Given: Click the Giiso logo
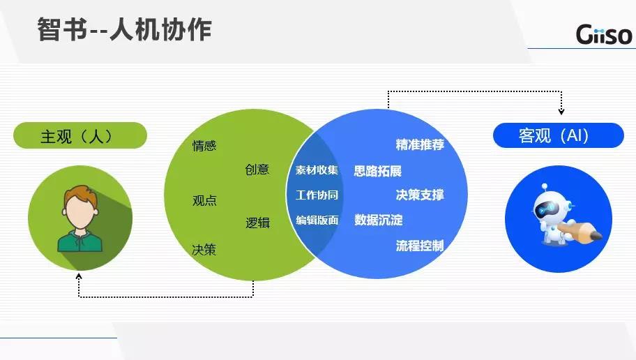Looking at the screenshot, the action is [604, 34].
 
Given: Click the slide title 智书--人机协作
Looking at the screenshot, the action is [125, 29].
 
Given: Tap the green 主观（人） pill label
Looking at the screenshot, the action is [80, 135].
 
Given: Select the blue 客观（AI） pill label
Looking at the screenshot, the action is [558, 135].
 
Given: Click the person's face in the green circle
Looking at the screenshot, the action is [80, 212].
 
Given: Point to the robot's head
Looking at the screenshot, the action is [547, 207].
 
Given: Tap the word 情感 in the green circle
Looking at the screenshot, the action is [204, 145].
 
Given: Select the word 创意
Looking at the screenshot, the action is [257, 170].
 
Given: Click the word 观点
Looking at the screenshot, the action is [204, 200].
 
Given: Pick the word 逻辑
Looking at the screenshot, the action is [257, 223].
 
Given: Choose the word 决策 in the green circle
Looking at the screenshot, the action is [204, 249].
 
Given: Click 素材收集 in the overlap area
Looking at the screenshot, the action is [317, 170].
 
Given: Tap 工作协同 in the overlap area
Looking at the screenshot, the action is [317, 195].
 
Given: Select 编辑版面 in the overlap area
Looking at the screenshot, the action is [317, 220].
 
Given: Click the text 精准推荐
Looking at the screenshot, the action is [420, 144].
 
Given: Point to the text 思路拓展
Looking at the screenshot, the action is [378, 171].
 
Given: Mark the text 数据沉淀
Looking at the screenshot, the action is [379, 220].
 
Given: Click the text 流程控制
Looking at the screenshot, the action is [420, 246].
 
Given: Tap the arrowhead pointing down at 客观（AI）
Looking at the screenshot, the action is [561, 111].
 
